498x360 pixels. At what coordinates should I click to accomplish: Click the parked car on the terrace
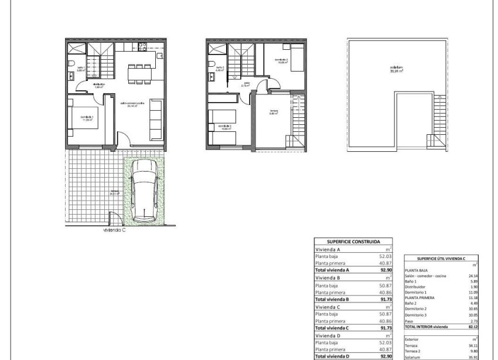click(x=145, y=192)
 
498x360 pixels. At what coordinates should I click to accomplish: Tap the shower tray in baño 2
click(x=216, y=47)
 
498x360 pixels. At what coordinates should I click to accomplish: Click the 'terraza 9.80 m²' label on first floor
click(x=273, y=113)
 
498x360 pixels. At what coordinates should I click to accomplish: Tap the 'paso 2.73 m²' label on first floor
click(x=247, y=84)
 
